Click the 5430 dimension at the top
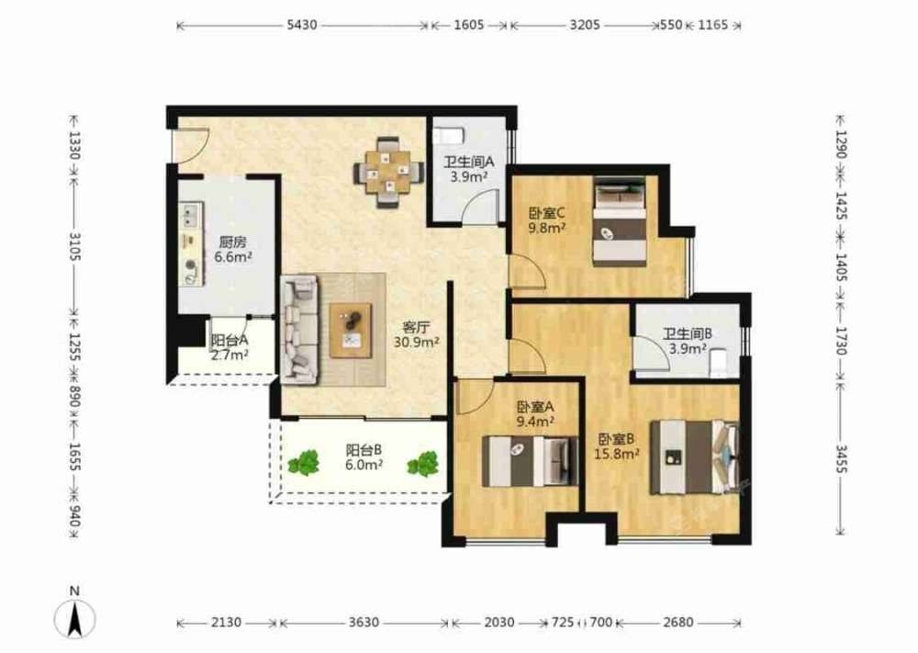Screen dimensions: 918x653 tap(301, 25)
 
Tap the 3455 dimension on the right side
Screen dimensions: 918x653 tap(841, 458)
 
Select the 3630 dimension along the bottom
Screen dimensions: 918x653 tap(364, 623)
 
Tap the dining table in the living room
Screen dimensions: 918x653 tap(388, 172)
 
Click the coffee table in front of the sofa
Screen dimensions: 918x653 tap(350, 331)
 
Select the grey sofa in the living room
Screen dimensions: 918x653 tap(300, 330)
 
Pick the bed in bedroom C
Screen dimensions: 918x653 tap(620, 222)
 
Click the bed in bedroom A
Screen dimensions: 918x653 tap(530, 461)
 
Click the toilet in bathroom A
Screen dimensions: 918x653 tap(449, 135)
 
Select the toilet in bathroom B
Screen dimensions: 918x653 tap(718, 363)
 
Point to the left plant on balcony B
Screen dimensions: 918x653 tap(304, 462)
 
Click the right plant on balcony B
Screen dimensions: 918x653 tap(422, 463)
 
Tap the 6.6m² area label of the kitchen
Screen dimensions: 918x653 tap(233, 256)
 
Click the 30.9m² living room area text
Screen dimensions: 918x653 tap(416, 342)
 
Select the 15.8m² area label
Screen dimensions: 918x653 tap(617, 454)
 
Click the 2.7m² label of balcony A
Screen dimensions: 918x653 tap(230, 355)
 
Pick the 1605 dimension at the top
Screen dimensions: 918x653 tap(469, 25)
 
